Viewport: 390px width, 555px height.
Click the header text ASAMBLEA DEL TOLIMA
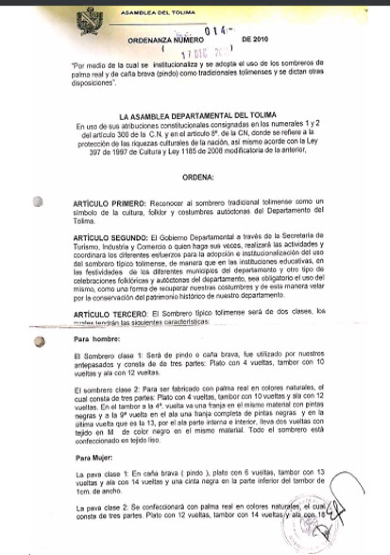(x=158, y=13)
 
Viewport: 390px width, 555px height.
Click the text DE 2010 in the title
(x=256, y=40)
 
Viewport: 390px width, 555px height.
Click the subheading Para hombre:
(x=90, y=339)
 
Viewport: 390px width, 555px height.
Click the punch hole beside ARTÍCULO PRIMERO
(x=39, y=202)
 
